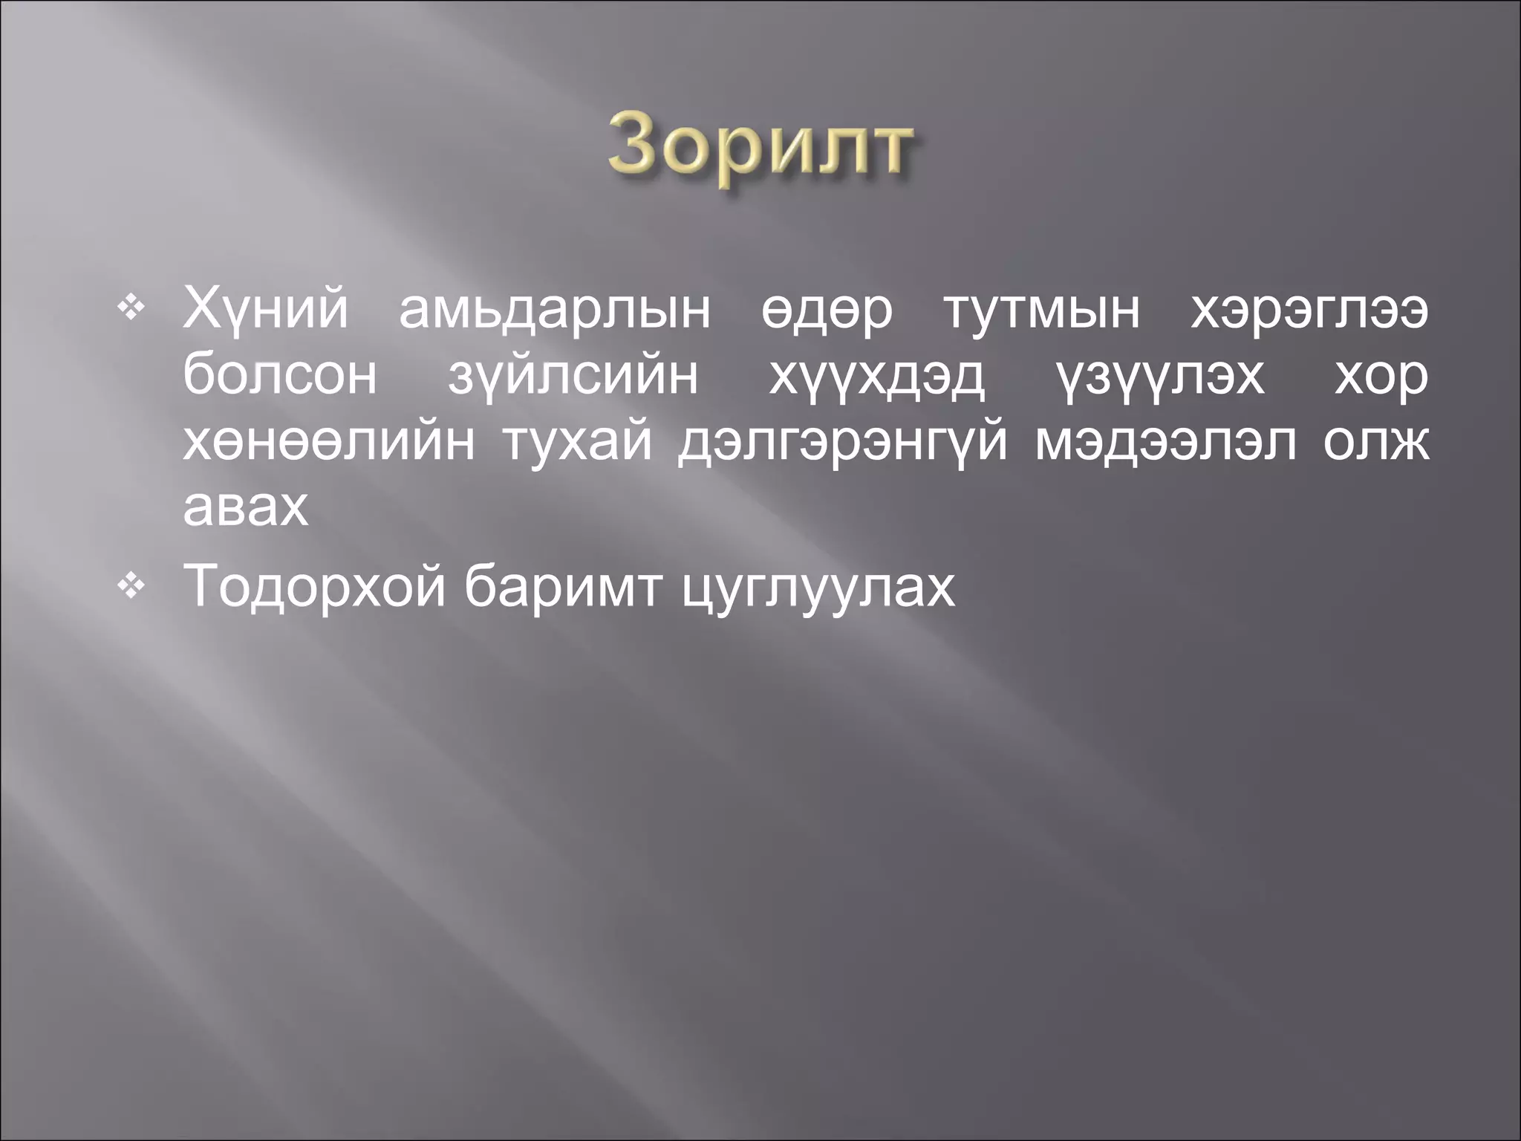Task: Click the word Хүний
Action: pos(265,311)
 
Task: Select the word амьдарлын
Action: pos(554,311)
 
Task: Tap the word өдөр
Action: pos(826,311)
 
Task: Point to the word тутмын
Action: pos(1041,311)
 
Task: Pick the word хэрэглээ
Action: pos(1309,311)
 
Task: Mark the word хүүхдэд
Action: pos(876,376)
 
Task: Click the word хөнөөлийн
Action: pos(328,442)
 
